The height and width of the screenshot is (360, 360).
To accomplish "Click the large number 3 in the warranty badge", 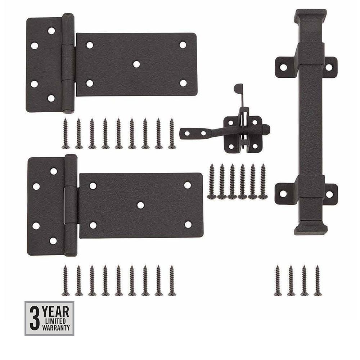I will click(34, 318).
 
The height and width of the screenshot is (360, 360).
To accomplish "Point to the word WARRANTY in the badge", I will click(56, 328).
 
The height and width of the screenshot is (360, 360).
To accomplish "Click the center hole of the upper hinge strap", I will click(136, 64).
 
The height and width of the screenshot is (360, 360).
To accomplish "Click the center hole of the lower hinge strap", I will click(140, 205).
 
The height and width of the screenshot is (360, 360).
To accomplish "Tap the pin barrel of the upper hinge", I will click(68, 63).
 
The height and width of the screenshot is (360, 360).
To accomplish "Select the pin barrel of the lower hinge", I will click(71, 205).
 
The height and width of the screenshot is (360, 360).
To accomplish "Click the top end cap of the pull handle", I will click(310, 16).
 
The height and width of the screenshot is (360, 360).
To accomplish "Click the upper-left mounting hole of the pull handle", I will click(284, 67).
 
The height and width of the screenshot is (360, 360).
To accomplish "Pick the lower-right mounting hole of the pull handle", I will click(329, 194).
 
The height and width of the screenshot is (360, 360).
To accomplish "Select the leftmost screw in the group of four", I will click(278, 280).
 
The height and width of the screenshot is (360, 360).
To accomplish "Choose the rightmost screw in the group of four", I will click(318, 280).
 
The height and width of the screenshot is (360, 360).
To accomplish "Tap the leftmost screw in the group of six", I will click(212, 181).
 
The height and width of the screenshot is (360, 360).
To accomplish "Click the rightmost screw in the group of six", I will click(263, 181).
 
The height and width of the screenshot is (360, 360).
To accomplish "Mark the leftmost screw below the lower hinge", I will click(66, 280).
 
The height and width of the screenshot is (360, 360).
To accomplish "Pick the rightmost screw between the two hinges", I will click(172, 133).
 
